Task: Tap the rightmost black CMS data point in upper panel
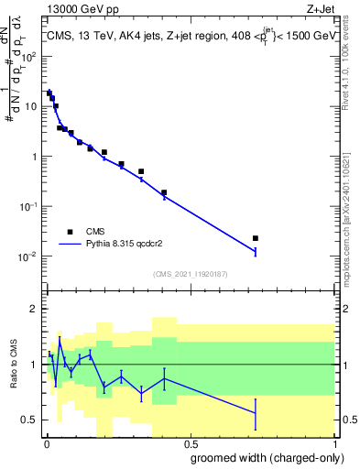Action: point(256,238)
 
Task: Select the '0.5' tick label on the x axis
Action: point(189,443)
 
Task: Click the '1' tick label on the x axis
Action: point(333,443)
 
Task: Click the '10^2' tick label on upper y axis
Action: point(30,56)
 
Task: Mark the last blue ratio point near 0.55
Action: point(256,414)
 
